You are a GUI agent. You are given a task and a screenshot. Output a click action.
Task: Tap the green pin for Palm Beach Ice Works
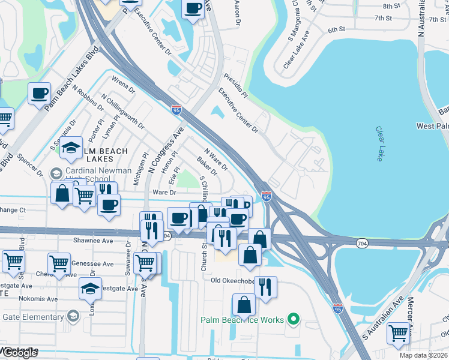(x=294, y=319)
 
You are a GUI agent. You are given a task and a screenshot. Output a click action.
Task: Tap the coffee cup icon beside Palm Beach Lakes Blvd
(x=40, y=93)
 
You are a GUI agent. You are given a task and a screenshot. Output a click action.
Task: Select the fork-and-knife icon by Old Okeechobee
(x=265, y=287)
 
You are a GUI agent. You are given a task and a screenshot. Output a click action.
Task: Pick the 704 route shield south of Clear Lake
(x=361, y=243)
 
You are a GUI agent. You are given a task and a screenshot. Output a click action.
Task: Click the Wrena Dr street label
(x=124, y=85)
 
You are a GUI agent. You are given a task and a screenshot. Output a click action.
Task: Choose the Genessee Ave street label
(x=92, y=263)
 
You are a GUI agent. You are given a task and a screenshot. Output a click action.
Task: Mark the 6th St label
(x=337, y=29)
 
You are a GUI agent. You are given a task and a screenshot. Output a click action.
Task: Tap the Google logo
(x=19, y=353)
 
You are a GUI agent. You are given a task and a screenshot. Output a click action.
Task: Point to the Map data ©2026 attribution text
(x=423, y=355)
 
